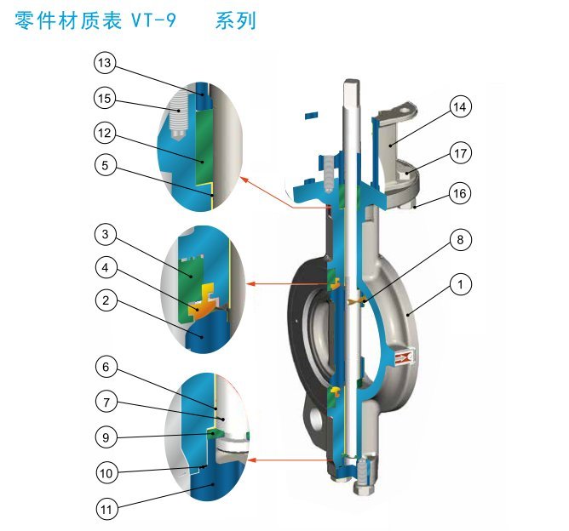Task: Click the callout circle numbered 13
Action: (x=105, y=64)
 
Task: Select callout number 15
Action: (x=105, y=99)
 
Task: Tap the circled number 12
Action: (x=105, y=133)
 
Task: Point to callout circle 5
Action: (x=105, y=167)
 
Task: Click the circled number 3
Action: (x=105, y=234)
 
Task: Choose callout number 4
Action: (x=105, y=266)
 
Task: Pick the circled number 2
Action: (x=105, y=300)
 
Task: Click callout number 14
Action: (x=460, y=107)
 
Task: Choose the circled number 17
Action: (x=460, y=154)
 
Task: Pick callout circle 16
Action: (x=460, y=194)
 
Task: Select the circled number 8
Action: (x=460, y=240)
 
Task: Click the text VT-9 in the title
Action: (x=154, y=21)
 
